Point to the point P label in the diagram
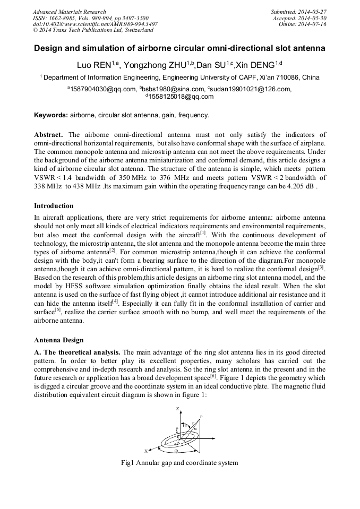tap(201, 417)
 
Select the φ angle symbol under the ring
tap(176, 451)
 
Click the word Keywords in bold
tap(51, 115)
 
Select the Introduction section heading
tap(54, 205)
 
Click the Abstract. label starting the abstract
tap(48, 135)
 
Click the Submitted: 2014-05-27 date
tap(298, 12)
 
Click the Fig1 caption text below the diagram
tap(179, 463)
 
